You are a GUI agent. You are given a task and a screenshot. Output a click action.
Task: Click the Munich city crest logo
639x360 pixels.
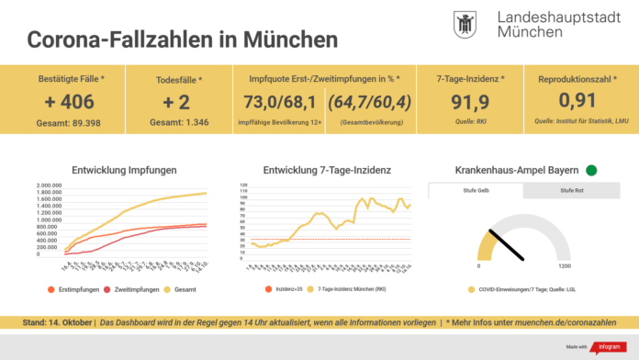465,25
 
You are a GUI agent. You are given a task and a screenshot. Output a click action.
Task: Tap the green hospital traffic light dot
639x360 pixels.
591,170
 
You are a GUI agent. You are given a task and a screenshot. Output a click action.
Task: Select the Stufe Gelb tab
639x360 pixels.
476,191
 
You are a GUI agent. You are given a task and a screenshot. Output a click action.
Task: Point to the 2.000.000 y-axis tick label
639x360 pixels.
50,186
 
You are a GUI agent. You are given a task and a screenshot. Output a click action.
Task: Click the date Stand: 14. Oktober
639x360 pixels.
59,323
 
